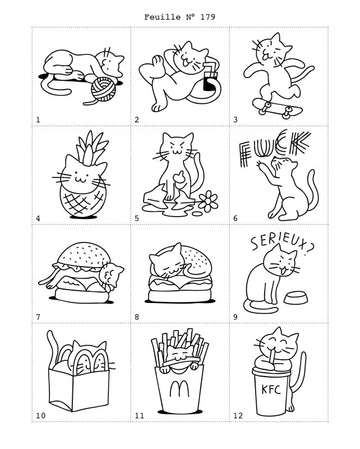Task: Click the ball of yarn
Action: pos(103,89)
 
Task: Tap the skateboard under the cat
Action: pos(277,108)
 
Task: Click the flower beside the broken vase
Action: pos(208,201)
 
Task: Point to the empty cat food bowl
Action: pos(296,298)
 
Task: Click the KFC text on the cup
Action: pos(271,390)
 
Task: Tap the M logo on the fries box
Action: pos(179,388)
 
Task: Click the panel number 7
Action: pos(38,317)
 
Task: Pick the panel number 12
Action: pos(238,415)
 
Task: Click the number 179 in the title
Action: pos(208,17)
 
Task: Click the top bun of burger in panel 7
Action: pos(84,256)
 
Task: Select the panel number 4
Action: pos(38,218)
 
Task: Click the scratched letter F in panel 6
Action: pos(244,155)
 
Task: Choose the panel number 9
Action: pos(235,317)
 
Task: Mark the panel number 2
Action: pos(137,120)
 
